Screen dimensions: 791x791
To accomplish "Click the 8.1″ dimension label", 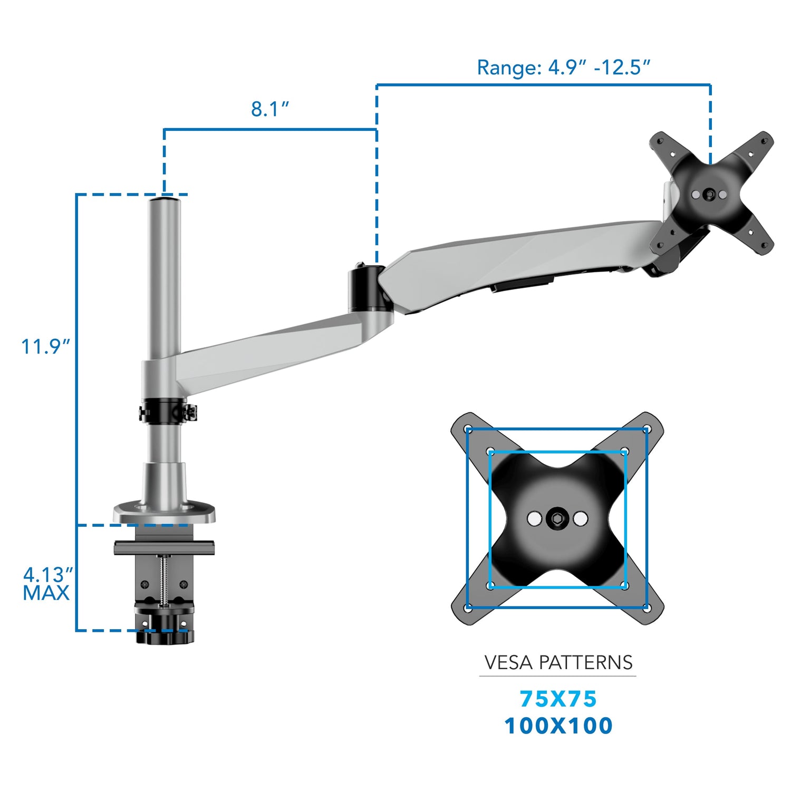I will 270,109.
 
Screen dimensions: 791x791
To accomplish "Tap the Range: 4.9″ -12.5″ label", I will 563,67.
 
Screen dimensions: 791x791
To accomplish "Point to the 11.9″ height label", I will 45,347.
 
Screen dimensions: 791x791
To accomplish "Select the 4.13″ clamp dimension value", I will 47,574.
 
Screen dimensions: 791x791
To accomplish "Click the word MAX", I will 46,593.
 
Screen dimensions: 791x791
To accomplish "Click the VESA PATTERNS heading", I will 558,662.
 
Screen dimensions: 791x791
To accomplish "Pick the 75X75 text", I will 558,699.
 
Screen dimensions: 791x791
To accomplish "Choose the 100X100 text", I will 558,726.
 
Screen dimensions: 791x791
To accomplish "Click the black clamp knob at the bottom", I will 165,636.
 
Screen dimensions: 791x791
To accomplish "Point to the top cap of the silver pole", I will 164,200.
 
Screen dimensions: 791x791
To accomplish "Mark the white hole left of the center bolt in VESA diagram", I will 534,519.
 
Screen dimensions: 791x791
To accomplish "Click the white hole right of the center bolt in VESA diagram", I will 580,519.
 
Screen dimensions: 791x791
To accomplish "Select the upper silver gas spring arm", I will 517,258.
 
